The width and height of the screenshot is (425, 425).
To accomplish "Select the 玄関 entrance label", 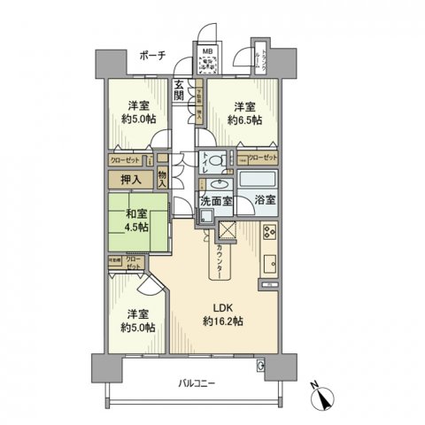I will [x=179, y=90].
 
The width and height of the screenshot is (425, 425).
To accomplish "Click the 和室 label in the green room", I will [x=130, y=212].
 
